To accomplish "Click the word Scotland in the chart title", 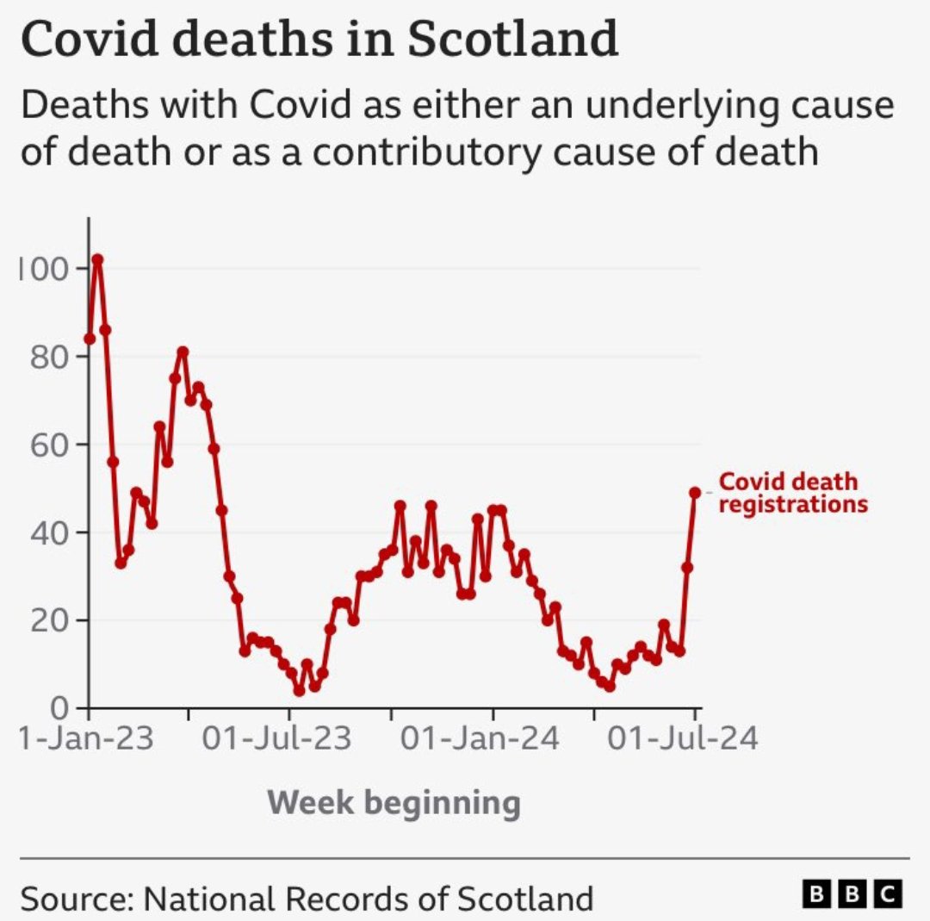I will click(x=511, y=39).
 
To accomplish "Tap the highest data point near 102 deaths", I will click(x=97, y=259).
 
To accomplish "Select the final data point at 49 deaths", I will click(x=695, y=492).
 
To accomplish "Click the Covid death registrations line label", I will click(x=792, y=493).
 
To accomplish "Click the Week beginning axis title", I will click(x=394, y=803).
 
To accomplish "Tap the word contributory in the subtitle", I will click(x=427, y=152).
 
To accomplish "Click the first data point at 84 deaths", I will click(x=90, y=339).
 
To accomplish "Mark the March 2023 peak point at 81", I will click(x=183, y=352).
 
